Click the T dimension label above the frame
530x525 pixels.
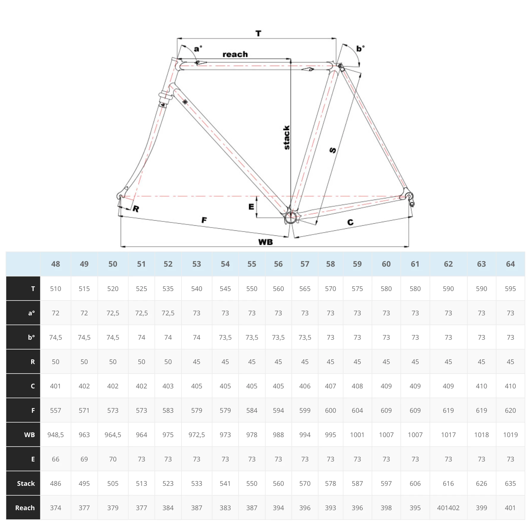click(x=258, y=34)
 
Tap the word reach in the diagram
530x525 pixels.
click(x=235, y=54)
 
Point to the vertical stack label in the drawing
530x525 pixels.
click(x=286, y=137)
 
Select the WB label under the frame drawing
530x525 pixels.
click(x=266, y=242)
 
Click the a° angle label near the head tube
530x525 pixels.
click(x=198, y=49)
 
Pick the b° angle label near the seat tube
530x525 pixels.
click(x=360, y=48)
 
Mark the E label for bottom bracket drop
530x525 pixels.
click(x=251, y=206)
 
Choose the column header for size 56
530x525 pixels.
click(x=278, y=264)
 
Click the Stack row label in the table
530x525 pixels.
click(x=26, y=483)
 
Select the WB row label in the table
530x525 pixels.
click(x=29, y=435)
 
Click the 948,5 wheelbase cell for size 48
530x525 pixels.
click(x=56, y=435)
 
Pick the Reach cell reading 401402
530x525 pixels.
click(x=448, y=508)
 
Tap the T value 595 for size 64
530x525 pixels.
click(x=510, y=289)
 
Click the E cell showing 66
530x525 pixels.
click(x=56, y=459)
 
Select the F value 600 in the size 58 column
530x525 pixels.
click(x=330, y=410)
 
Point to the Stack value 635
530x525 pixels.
click(x=510, y=483)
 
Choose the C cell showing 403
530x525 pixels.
click(x=168, y=386)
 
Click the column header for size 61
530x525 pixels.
click(x=415, y=264)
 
